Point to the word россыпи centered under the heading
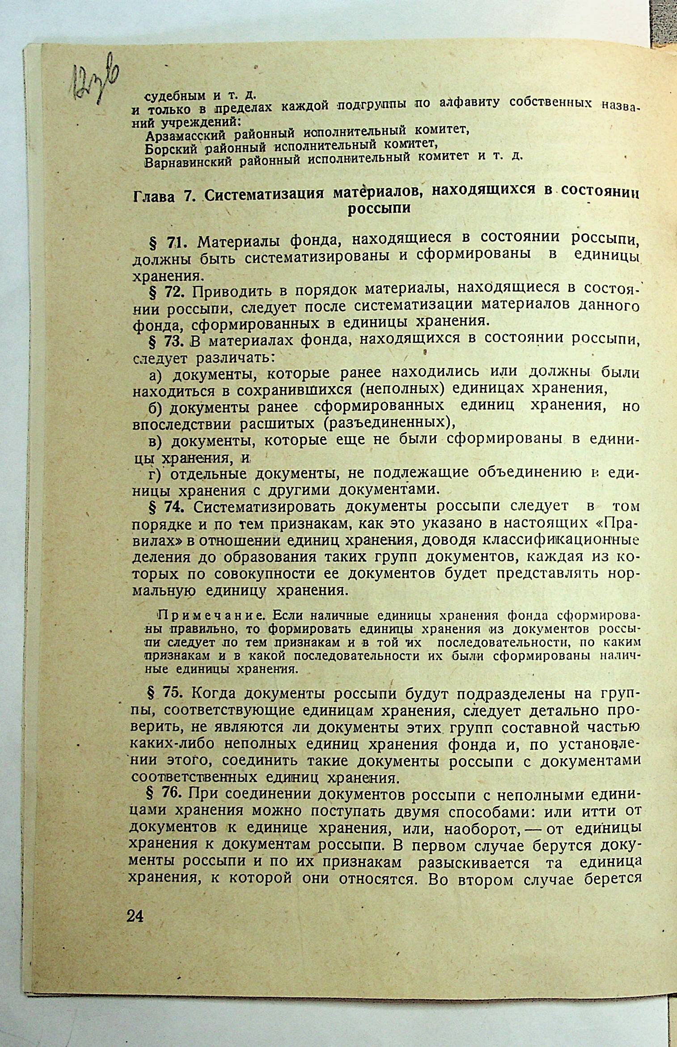pyautogui.click(x=379, y=209)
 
